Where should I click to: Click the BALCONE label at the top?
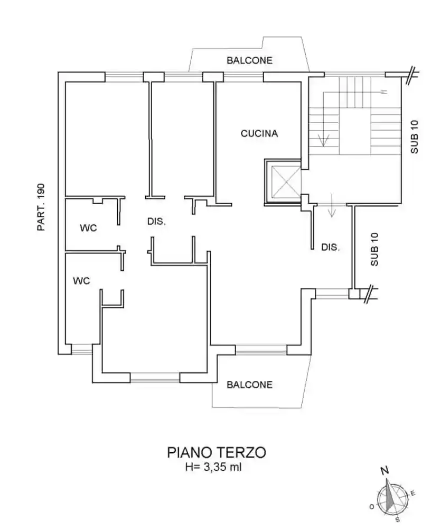(249, 60)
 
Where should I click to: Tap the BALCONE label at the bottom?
(249, 385)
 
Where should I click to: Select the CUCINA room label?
(259, 134)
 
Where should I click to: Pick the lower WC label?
(81, 281)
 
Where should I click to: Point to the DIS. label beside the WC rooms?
(156, 222)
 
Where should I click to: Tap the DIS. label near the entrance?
(330, 247)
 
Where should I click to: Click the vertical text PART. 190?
(41, 207)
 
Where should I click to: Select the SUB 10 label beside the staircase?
(415, 137)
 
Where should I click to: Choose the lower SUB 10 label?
(374, 249)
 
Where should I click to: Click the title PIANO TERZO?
(217, 453)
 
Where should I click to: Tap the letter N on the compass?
(386, 470)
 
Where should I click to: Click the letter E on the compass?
(413, 494)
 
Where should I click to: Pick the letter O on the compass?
(372, 507)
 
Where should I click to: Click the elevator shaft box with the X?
(284, 181)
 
